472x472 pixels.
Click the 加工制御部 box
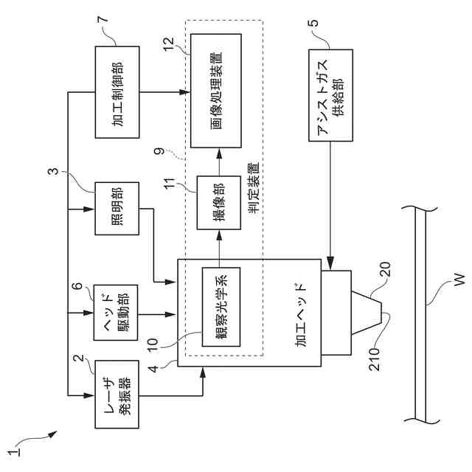117,92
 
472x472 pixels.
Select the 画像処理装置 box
216,91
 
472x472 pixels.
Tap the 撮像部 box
219,203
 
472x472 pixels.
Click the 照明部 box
117,208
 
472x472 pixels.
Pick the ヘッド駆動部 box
116,313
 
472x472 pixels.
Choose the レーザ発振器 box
117,394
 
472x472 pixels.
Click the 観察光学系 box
221,307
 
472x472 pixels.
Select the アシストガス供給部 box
330,95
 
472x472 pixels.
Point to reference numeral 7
103,18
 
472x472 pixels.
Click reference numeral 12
170,44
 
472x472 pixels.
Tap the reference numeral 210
375,359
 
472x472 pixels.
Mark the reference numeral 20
385,269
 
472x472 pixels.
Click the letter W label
459,280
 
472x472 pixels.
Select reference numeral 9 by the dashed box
159,150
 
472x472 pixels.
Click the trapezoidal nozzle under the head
367,313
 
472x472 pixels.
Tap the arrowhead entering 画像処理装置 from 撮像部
219,153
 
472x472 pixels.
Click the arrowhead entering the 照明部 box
89,209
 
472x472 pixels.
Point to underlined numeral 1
14,452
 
